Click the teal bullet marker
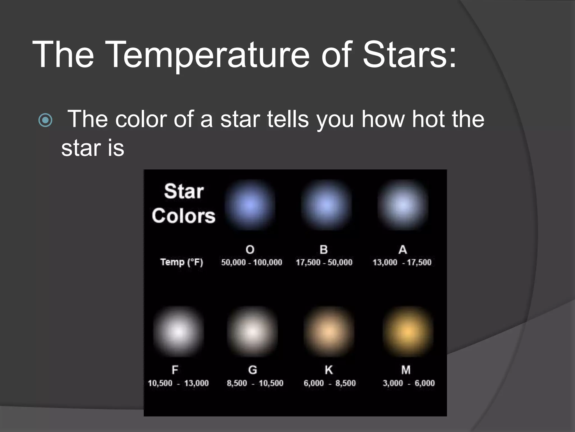click(45, 120)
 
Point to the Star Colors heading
click(184, 203)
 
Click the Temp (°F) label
click(182, 262)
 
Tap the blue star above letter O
click(250, 205)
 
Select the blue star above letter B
click(326, 205)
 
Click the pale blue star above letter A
click(403, 205)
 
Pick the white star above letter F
click(178, 332)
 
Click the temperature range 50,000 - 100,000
click(252, 262)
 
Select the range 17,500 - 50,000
click(324, 262)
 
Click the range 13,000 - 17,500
click(402, 262)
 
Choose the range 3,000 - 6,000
click(409, 383)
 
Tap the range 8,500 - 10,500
click(255, 383)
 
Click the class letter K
click(329, 370)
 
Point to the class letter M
click(406, 370)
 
